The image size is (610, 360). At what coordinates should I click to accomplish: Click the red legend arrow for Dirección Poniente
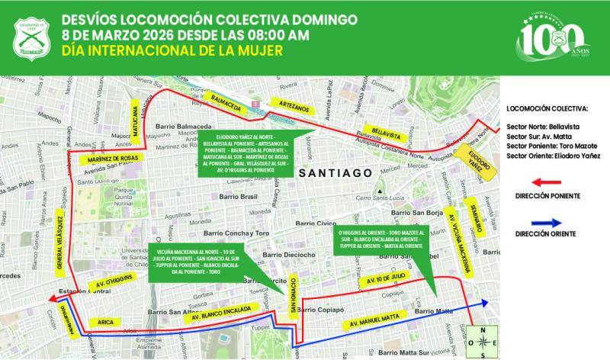[x=539, y=182]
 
